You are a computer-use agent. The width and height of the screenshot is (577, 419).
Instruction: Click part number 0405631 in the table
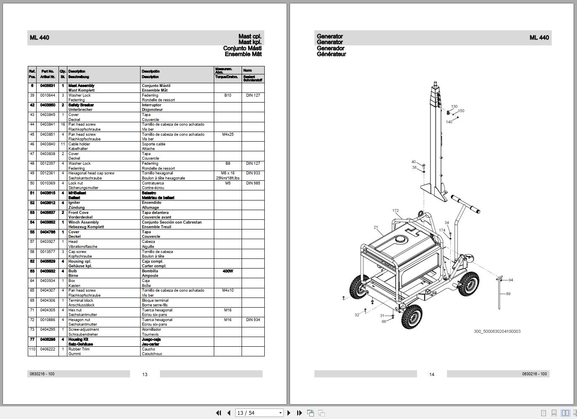(48, 86)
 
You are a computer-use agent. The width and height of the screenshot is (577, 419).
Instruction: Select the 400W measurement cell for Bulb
(228, 271)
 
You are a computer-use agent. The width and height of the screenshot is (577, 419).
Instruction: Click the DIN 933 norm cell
(253, 173)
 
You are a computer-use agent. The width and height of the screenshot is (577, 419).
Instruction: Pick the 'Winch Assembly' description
(83, 222)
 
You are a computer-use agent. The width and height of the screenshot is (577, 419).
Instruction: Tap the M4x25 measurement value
(228, 134)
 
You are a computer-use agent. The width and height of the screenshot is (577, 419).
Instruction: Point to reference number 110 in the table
(32, 349)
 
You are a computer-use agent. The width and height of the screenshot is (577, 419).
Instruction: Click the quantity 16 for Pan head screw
(63, 124)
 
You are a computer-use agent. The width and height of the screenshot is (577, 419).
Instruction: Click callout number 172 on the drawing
(395, 211)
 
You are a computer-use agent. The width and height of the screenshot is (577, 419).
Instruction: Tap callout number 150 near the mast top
(461, 111)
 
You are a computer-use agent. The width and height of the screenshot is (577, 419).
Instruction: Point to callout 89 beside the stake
(508, 294)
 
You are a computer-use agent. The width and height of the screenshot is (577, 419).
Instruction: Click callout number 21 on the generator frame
(375, 227)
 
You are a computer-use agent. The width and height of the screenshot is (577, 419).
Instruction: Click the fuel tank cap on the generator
(401, 240)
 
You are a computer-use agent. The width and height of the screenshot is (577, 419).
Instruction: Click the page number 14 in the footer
(431, 374)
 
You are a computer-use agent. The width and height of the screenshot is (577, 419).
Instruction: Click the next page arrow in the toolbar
(289, 413)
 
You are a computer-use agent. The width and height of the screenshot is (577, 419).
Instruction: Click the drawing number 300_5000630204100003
(497, 332)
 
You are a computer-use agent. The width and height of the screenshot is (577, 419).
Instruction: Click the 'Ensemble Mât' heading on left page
(243, 54)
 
